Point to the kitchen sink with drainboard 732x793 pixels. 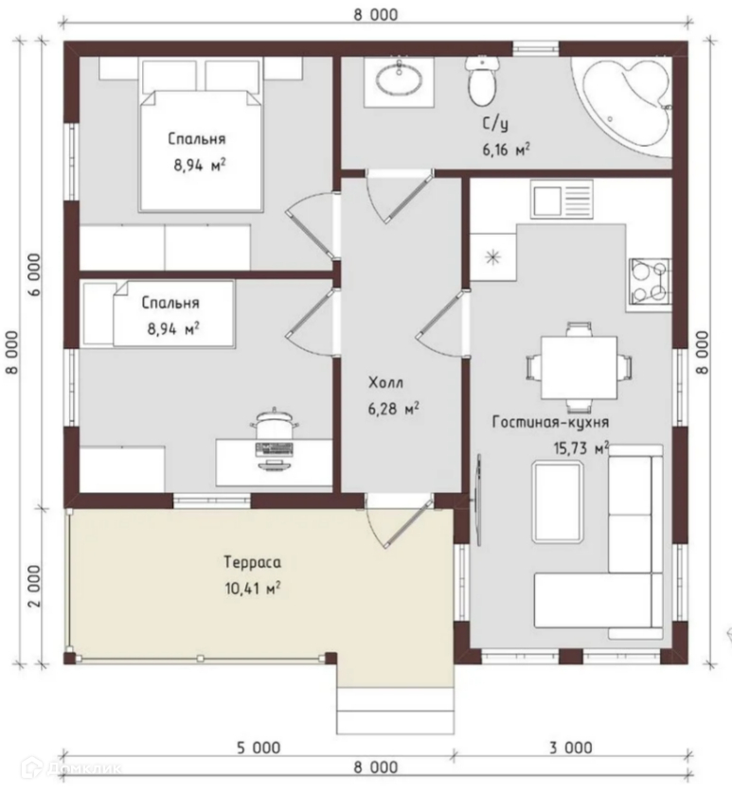pyautogui.click(x=562, y=200)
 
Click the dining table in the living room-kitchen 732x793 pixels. pyautogui.click(x=579, y=367)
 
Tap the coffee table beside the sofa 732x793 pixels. pyautogui.click(x=558, y=502)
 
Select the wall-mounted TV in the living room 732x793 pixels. pyautogui.click(x=478, y=500)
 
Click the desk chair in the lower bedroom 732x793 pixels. pyautogui.click(x=274, y=424)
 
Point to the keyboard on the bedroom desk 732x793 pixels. pyautogui.click(x=275, y=449)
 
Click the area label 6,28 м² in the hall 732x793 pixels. pyautogui.click(x=393, y=409)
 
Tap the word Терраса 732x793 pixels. pyautogui.click(x=252, y=562)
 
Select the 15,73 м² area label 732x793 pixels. pyautogui.click(x=580, y=449)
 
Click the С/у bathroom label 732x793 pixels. pyautogui.click(x=495, y=124)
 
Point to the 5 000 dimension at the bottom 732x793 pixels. pyautogui.click(x=259, y=748)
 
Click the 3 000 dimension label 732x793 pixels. pyautogui.click(x=570, y=748)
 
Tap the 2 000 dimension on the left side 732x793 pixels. pyautogui.click(x=34, y=586)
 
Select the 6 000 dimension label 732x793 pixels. pyautogui.click(x=34, y=274)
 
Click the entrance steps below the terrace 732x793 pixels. pyautogui.click(x=395, y=711)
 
